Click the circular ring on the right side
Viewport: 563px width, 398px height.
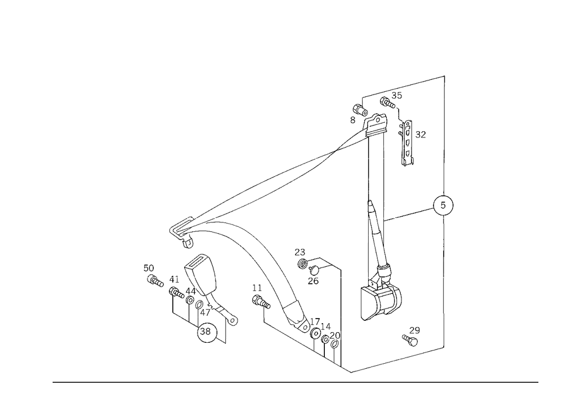point(443,204)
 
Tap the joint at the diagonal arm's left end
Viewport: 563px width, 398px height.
point(182,231)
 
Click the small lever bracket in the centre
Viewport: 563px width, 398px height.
point(313,263)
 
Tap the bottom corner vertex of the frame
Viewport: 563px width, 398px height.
point(349,372)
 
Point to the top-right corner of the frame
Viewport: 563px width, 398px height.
point(446,75)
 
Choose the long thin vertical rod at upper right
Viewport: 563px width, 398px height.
point(384,175)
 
